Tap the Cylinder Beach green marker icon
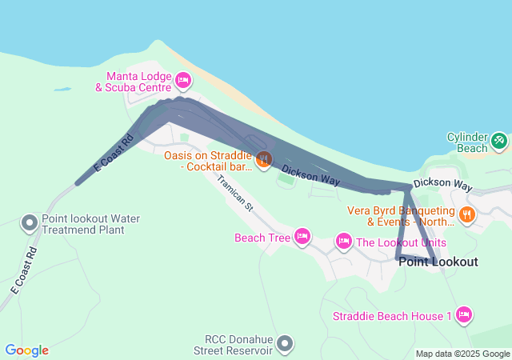coord(499,141)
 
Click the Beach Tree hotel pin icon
coord(302,236)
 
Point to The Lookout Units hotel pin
coord(344,240)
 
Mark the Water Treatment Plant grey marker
coord(30,222)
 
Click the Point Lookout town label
coord(449,262)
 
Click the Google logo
coord(26,350)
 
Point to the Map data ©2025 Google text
coord(462,354)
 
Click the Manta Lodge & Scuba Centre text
coord(133,81)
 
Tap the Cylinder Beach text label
coord(466,142)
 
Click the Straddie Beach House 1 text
coord(393,316)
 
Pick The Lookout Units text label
coord(401,242)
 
